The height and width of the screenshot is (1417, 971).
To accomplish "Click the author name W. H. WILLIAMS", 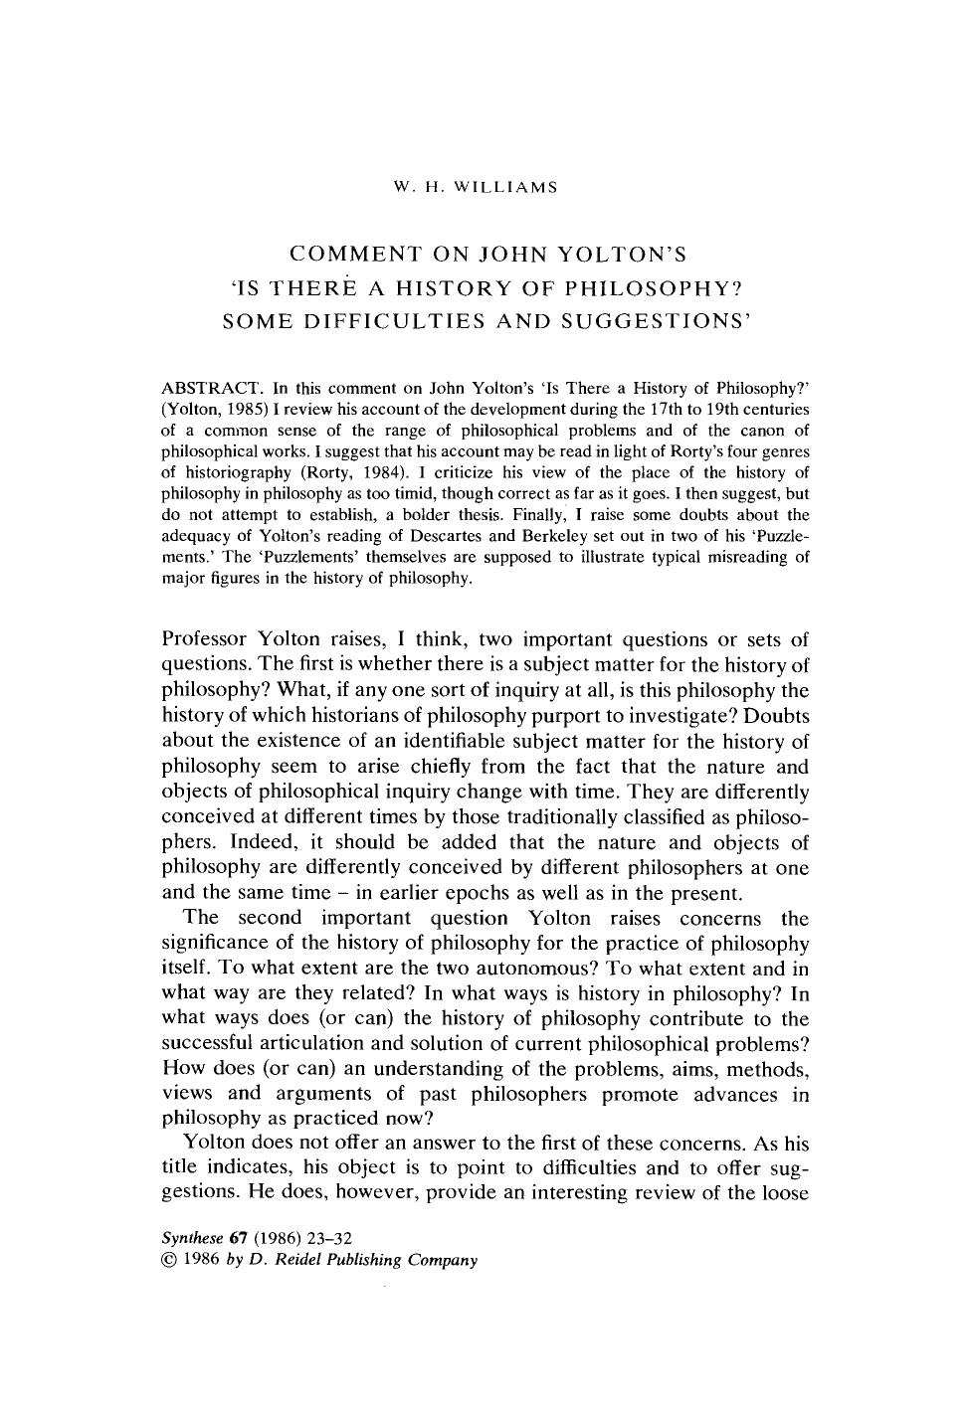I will click(x=476, y=187).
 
